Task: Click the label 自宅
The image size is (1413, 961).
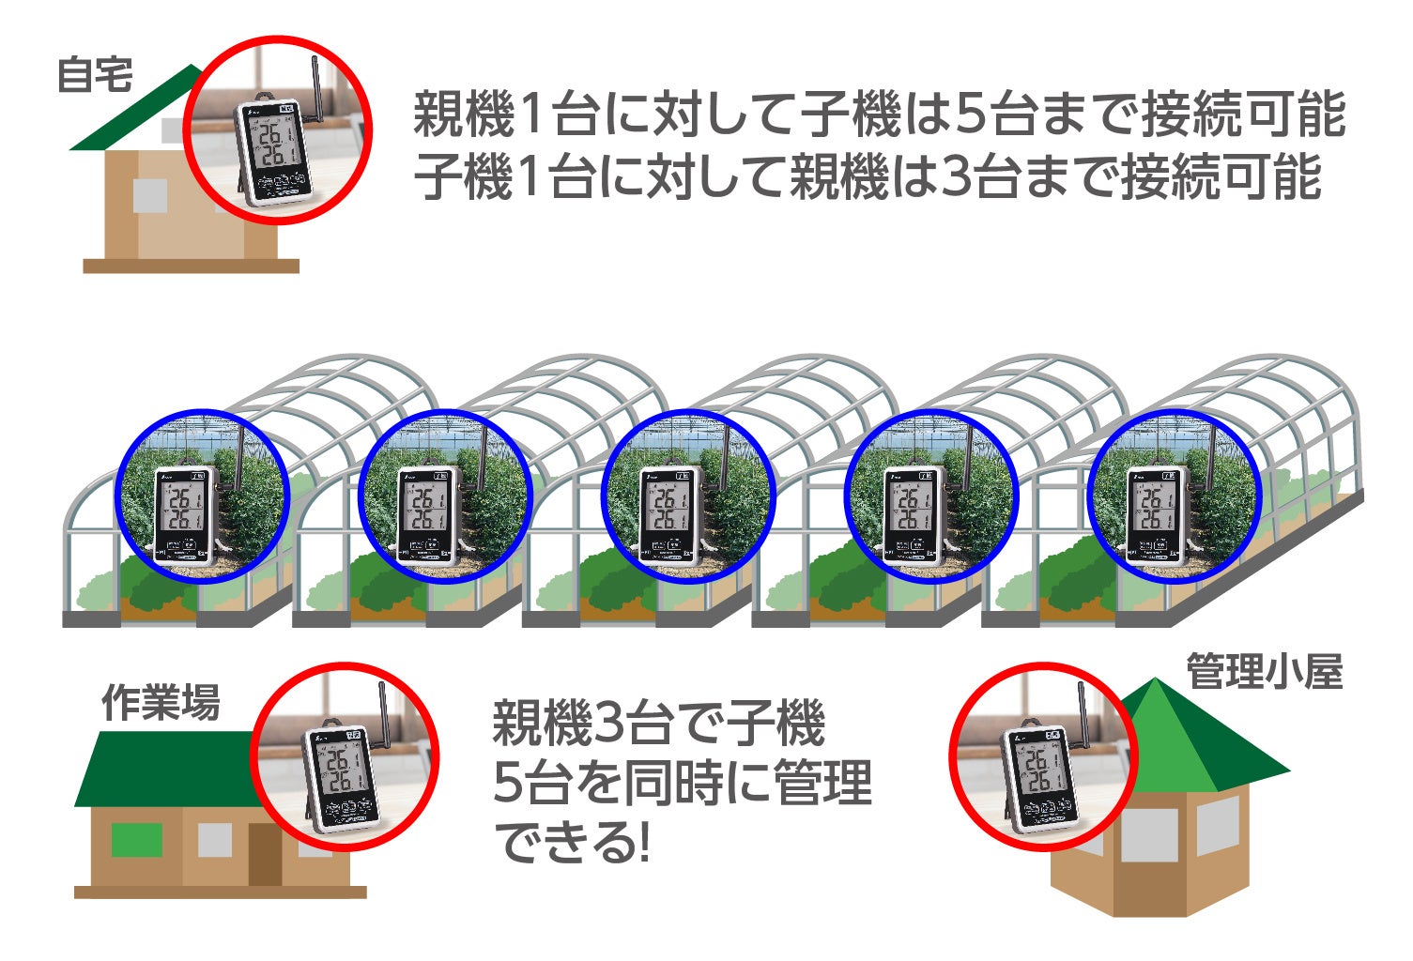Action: click(95, 75)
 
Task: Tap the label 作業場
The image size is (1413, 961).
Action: click(161, 702)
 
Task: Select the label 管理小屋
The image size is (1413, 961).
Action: click(1264, 672)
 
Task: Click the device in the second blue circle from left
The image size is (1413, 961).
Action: click(428, 514)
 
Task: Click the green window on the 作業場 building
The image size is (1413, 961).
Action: click(136, 839)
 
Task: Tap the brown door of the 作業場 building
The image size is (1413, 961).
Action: click(265, 854)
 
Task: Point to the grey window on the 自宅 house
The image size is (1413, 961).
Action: click(149, 195)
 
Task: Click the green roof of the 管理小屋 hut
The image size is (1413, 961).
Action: click(1211, 741)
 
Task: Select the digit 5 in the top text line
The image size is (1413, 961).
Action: click(968, 115)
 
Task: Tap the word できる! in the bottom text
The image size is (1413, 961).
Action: click(572, 842)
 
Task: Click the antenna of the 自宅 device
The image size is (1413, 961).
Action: click(314, 89)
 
